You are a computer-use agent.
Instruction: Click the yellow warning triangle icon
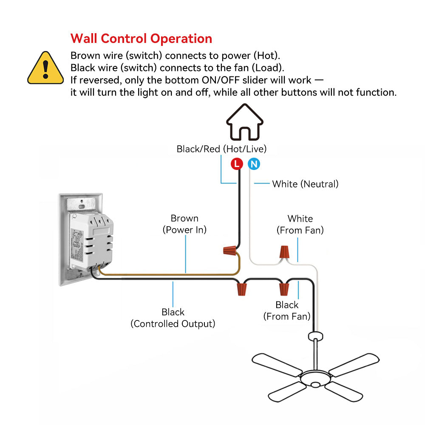(x=45, y=68)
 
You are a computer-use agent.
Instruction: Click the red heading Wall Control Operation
(x=141, y=39)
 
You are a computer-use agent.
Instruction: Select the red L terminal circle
(x=237, y=164)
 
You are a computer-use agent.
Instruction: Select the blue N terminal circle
(x=254, y=164)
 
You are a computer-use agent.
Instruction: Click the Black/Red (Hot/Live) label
(x=221, y=149)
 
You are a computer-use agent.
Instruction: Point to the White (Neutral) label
(x=305, y=184)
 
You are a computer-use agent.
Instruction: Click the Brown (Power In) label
(x=184, y=224)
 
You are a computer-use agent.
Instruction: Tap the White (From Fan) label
(x=300, y=224)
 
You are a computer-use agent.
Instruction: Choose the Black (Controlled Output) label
(x=173, y=318)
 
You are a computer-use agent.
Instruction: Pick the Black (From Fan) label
(x=287, y=311)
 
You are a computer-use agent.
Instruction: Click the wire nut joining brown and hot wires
(x=230, y=250)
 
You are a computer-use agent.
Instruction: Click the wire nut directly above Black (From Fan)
(x=283, y=289)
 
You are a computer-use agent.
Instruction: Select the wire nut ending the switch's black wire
(x=242, y=290)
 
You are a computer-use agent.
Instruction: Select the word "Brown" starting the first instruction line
(x=85, y=56)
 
